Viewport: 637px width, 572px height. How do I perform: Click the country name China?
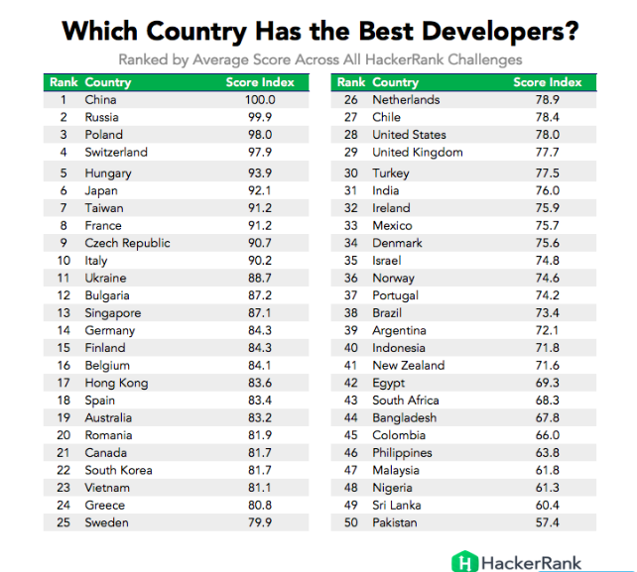(x=100, y=100)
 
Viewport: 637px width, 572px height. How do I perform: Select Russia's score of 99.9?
(x=260, y=117)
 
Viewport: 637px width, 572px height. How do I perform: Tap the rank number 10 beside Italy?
(x=63, y=261)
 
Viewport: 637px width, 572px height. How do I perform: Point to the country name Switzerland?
(x=115, y=152)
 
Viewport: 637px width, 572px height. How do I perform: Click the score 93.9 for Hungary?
(x=260, y=173)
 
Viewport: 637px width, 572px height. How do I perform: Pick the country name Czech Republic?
(x=127, y=243)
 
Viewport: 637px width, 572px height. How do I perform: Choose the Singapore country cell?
(x=112, y=313)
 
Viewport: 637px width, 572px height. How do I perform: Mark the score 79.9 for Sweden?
(x=260, y=522)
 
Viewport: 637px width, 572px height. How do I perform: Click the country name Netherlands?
(x=406, y=100)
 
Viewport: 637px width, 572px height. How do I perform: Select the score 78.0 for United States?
(x=548, y=135)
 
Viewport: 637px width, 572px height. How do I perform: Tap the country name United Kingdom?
(x=417, y=152)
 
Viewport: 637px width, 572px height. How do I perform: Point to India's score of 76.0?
(x=548, y=191)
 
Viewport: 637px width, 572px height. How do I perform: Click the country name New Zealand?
(x=408, y=366)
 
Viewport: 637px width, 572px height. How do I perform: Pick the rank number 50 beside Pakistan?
(x=350, y=522)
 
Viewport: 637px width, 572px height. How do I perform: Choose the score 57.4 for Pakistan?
(x=548, y=522)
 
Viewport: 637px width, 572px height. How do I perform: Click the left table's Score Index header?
(x=260, y=82)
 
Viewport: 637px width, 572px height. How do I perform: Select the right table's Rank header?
(x=350, y=82)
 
